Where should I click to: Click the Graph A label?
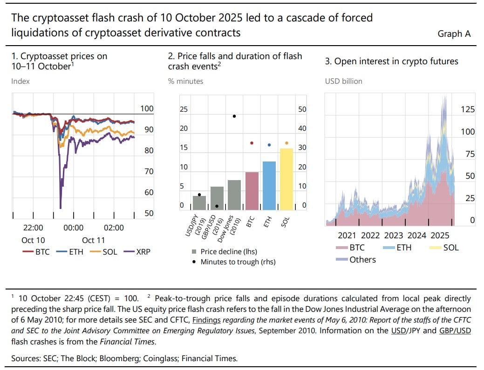pos(454,34)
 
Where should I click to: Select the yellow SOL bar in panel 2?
pos(286,179)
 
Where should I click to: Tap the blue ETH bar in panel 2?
pos(269,185)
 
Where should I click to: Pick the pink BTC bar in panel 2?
pos(252,191)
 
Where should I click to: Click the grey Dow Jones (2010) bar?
pos(234,195)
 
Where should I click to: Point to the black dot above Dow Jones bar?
pos(234,116)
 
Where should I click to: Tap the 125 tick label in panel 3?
pos(467,109)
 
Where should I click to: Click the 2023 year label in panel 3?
pos(394,235)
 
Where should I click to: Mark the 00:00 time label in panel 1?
pos(73,228)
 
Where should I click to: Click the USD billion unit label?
pos(343,81)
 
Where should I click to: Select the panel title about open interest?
pos(391,61)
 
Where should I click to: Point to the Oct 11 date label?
pos(93,240)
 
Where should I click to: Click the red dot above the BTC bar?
pos(252,143)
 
